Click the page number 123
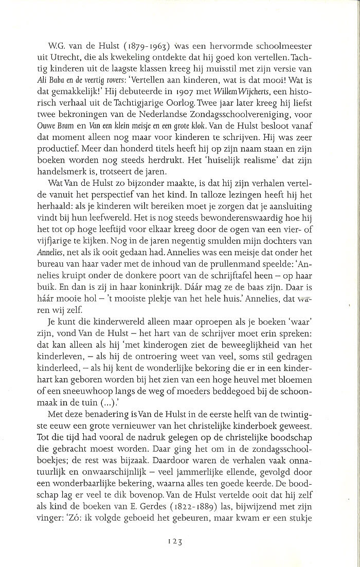[x=176, y=541]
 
